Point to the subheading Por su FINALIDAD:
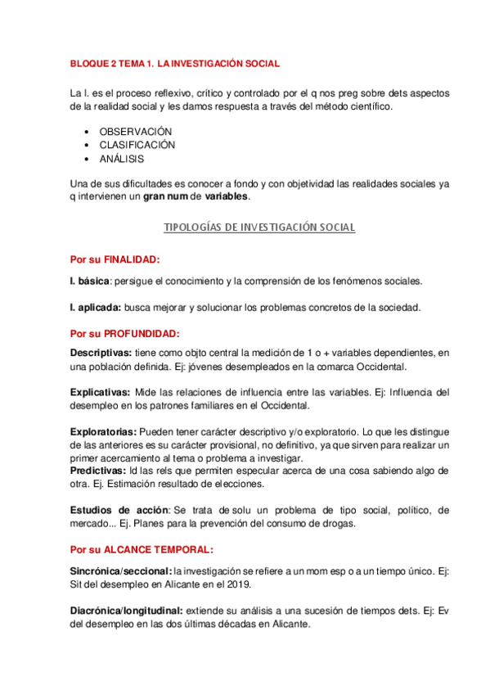pyautogui.click(x=114, y=259)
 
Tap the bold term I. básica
pyautogui.click(x=91, y=281)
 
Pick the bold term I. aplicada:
pyautogui.click(x=96, y=308)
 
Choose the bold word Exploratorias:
pyautogui.click(x=104, y=431)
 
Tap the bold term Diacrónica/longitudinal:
pyautogui.click(x=127, y=611)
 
